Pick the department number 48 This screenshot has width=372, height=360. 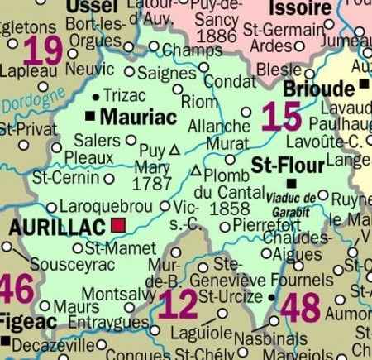click(x=300, y=310)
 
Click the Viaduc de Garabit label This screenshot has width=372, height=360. click(x=293, y=202)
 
